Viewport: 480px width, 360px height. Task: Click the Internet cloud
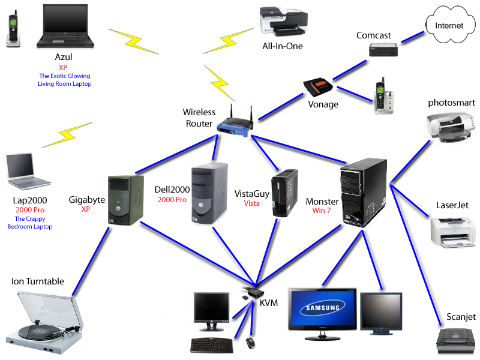pos(449,25)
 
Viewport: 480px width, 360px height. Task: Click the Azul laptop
pos(66,26)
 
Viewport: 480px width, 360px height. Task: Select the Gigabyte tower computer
pos(126,198)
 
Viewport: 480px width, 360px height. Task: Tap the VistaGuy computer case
pos(284,193)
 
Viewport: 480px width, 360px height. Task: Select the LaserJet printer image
pos(452,230)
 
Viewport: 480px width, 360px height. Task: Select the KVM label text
pos(269,304)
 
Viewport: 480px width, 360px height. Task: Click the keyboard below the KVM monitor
pos(212,344)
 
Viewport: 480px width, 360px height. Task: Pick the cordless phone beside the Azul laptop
pos(11,30)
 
